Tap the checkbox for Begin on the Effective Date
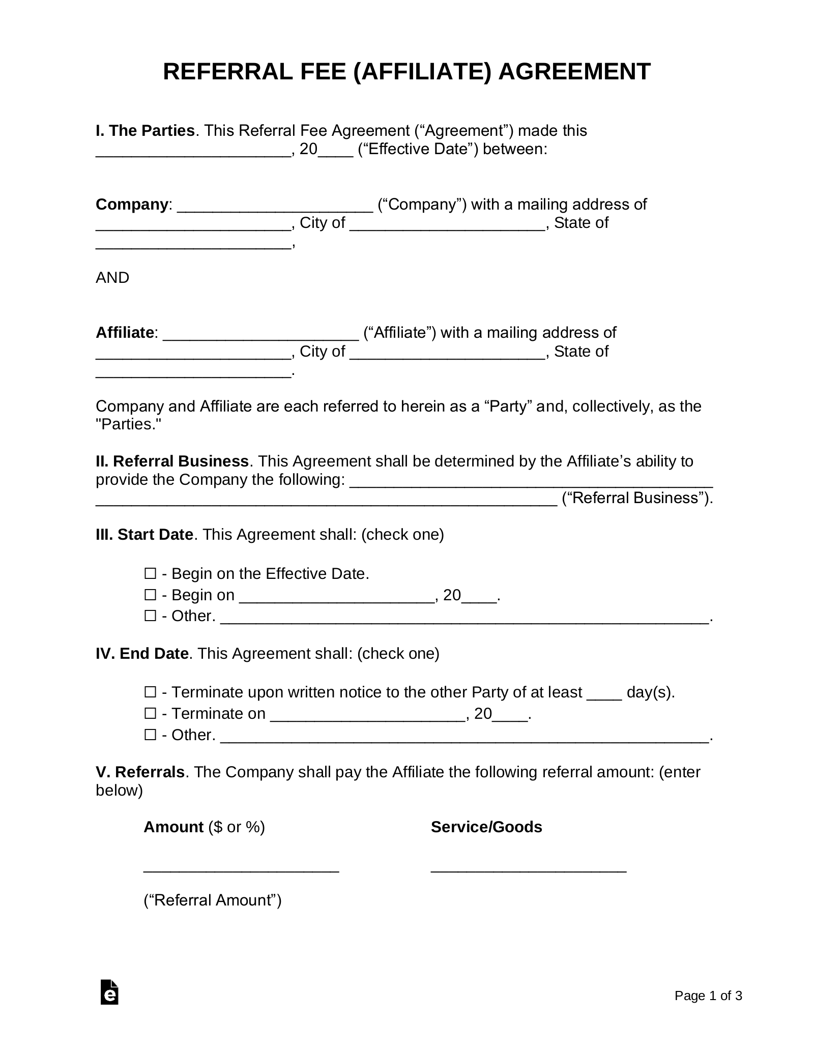tap(150, 574)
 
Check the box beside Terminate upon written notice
tap(150, 692)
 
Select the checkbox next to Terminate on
tap(150, 714)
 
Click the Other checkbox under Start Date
tap(150, 616)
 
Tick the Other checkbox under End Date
tap(150, 735)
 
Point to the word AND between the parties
tap(112, 278)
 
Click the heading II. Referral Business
tap(172, 461)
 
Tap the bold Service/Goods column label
tap(486, 827)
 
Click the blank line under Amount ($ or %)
tap(241, 870)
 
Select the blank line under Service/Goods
tap(529, 870)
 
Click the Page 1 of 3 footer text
tap(708, 996)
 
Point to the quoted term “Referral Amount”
tap(213, 900)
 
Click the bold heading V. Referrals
tap(140, 772)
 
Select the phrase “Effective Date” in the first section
tap(418, 150)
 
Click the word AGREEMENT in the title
tap(574, 72)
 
